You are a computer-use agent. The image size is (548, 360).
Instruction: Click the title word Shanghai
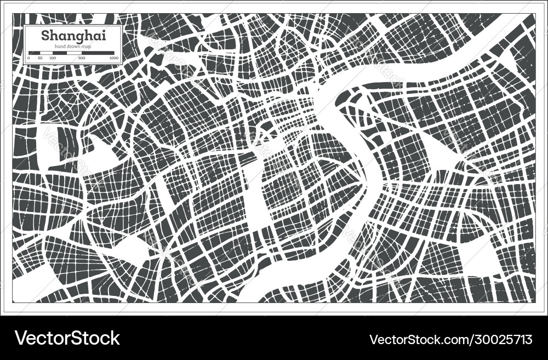point(73,37)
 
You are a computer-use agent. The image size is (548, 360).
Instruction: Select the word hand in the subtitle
point(60,47)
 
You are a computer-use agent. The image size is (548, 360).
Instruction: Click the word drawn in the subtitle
point(72,47)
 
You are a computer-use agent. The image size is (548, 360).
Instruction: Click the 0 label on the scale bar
point(28,58)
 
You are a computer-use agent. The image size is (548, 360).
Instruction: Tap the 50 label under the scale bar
point(40,58)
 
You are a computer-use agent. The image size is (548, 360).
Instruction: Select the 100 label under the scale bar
point(52,58)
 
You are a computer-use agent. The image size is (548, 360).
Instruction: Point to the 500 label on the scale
point(82,58)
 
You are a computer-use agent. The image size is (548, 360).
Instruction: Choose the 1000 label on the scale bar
point(113,58)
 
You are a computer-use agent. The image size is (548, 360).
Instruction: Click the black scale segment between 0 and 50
point(34,53)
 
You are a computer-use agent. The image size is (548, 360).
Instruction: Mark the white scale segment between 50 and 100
point(46,53)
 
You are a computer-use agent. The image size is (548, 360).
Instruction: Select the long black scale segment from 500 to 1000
point(98,53)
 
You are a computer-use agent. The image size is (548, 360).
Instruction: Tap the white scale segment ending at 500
point(74,53)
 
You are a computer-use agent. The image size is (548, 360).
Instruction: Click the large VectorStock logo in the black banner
point(67,338)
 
